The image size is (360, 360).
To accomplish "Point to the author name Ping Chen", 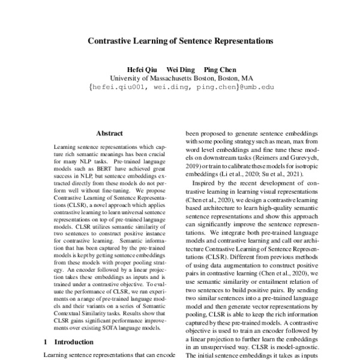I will tap(221, 69).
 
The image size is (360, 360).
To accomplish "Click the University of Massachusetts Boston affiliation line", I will tap(181, 78).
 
